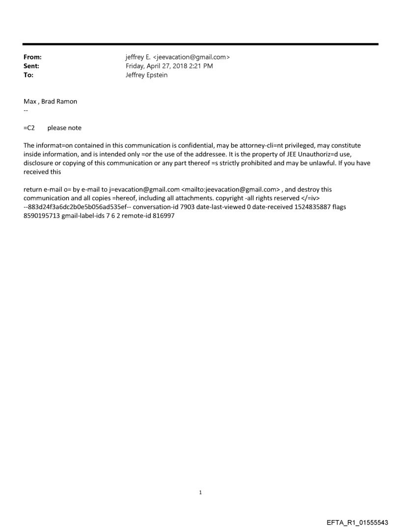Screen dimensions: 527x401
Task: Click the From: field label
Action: point(32,57)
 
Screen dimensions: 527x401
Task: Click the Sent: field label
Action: point(31,66)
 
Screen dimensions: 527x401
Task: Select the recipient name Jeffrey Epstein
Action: point(146,75)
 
